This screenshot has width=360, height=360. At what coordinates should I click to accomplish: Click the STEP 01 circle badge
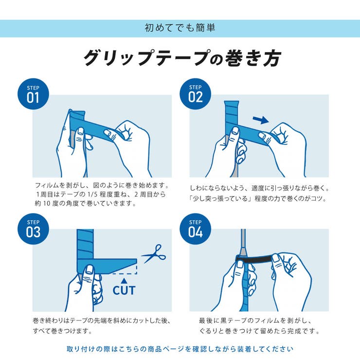click(x=33, y=94)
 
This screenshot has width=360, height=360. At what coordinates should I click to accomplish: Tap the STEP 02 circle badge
click(x=195, y=94)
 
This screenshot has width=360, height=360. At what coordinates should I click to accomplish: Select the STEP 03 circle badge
click(x=33, y=229)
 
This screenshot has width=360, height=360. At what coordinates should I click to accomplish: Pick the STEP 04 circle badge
click(x=195, y=229)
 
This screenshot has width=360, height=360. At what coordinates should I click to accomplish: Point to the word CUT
click(x=124, y=290)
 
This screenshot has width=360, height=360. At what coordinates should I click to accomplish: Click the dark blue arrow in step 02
click(x=261, y=119)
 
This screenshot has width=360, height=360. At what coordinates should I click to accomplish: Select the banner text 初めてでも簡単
click(x=180, y=28)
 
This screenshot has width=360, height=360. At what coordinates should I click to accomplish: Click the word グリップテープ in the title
click(x=146, y=58)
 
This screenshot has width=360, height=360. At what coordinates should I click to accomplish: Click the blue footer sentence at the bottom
click(x=180, y=348)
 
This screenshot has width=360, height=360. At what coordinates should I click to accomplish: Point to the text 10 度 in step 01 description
click(x=49, y=203)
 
